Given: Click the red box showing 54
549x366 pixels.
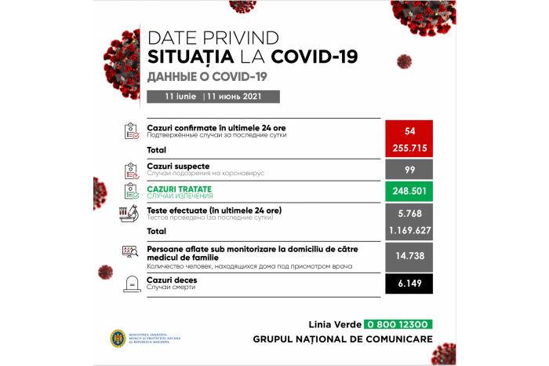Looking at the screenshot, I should click(409, 130).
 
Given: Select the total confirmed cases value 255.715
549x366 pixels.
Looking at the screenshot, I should click(409, 148).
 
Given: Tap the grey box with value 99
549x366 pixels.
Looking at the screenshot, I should click(409, 170).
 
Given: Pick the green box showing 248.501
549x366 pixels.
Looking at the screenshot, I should click(409, 192).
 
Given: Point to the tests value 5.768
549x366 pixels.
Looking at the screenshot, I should click(409, 213).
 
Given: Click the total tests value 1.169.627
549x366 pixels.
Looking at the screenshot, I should click(409, 232).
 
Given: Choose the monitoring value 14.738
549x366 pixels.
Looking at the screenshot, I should click(409, 256).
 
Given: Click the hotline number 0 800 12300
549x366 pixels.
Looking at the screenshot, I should click(398, 324).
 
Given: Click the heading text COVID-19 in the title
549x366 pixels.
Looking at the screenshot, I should click(314, 57).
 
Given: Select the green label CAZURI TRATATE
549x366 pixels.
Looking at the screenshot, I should click(179, 189).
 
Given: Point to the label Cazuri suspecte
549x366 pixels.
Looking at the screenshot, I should click(178, 167).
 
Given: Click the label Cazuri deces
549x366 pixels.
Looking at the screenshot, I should click(172, 280).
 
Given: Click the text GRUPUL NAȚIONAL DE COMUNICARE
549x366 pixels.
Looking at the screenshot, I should click(343, 339).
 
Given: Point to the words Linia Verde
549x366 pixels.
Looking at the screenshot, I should click(334, 324).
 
